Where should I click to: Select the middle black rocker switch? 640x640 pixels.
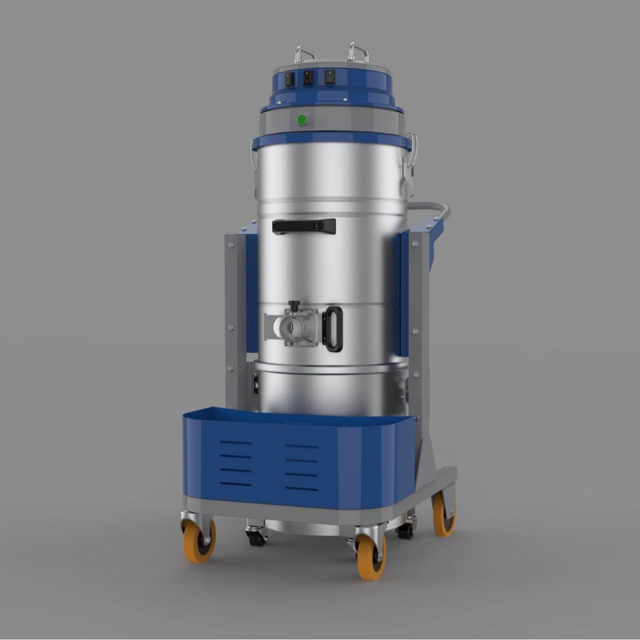(308, 78)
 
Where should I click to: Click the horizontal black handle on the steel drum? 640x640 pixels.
(304, 226)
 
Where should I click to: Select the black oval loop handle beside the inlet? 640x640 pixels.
(333, 329)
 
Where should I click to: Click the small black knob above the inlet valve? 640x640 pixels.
(294, 305)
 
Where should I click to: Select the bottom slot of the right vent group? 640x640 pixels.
(301, 488)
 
